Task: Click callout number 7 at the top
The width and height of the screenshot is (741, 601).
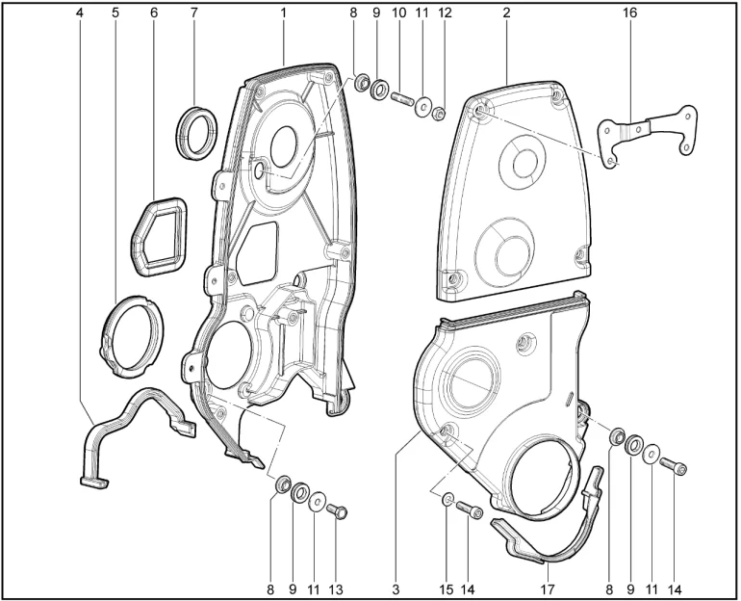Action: [x=193, y=13]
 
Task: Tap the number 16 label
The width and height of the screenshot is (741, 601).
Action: [x=629, y=13]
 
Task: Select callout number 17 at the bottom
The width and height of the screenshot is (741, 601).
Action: [x=547, y=589]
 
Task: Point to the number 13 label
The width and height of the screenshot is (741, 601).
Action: [x=337, y=589]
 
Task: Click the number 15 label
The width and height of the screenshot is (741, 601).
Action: [x=447, y=589]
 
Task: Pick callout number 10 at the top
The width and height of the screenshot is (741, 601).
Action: [x=398, y=13]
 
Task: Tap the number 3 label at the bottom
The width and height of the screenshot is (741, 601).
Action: [x=396, y=589]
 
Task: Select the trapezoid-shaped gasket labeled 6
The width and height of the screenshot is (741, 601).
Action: [x=159, y=236]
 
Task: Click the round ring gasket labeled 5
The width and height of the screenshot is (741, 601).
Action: [x=133, y=336]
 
